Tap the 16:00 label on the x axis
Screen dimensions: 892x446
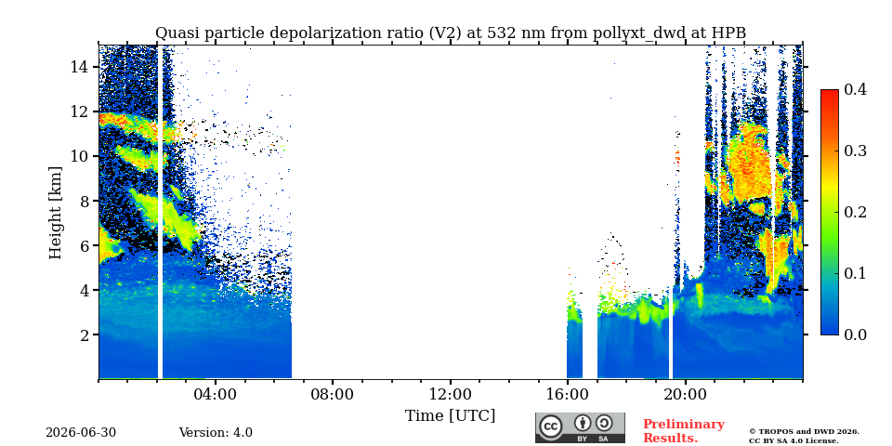click(568, 395)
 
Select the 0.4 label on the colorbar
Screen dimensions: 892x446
click(856, 89)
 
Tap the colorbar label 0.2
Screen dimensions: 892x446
click(856, 212)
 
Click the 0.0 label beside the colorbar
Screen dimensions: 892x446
click(856, 334)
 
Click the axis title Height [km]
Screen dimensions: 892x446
click(55, 213)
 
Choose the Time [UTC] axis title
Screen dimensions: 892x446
click(450, 416)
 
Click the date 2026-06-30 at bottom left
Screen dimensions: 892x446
click(81, 433)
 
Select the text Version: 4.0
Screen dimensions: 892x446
click(216, 433)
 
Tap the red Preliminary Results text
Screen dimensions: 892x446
click(684, 430)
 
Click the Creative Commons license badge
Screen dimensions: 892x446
click(580, 427)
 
